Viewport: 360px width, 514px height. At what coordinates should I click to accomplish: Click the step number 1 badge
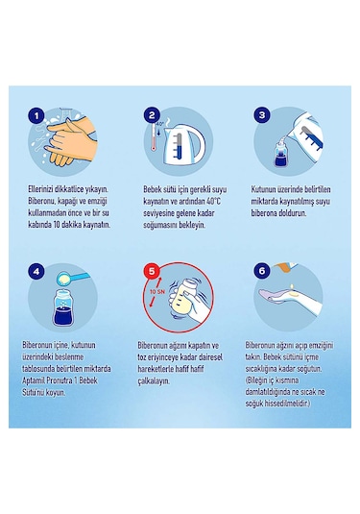tap(36, 115)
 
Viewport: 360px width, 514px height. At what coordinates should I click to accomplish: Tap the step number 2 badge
tap(152, 115)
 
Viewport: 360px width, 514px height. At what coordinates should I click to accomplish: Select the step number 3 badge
tap(262, 114)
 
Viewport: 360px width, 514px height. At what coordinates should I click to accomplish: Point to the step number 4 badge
tap(36, 272)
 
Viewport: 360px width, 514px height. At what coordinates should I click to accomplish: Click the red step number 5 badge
tap(152, 271)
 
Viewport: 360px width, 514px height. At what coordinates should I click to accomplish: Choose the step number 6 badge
tap(262, 271)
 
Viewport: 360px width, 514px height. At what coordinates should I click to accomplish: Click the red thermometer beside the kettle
tap(154, 137)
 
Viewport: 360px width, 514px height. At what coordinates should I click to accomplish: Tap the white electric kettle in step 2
tap(182, 143)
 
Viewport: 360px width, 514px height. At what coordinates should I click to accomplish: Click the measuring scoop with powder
tap(73, 278)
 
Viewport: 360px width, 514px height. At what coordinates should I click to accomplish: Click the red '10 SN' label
tap(157, 292)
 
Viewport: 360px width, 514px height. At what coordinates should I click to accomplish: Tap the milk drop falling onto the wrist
tap(292, 287)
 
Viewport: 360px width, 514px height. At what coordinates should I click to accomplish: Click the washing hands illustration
tap(71, 141)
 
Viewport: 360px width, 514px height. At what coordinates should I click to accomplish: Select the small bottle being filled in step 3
tap(281, 153)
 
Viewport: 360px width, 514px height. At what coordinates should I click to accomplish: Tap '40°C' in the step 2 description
tap(213, 201)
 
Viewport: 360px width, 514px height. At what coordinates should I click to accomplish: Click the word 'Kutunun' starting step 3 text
tap(263, 189)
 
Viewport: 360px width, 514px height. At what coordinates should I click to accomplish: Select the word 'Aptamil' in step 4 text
tap(33, 380)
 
